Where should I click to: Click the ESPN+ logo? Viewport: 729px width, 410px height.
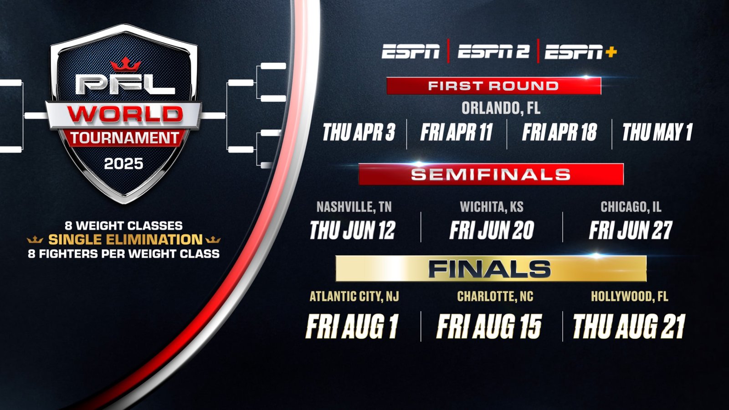pos(581,52)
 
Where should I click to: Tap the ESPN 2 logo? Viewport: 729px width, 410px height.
pos(493,51)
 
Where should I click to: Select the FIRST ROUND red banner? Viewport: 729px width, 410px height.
pos(494,86)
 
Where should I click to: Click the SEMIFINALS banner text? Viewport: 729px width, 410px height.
pos(491,174)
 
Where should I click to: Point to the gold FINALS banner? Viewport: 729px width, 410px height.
pos(491,269)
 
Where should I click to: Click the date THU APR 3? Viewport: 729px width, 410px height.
pos(359,133)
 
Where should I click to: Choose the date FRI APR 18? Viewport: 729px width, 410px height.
pos(560,133)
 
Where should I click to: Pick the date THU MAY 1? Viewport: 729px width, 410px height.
pos(657,133)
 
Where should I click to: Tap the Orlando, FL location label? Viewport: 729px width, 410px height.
pos(501,108)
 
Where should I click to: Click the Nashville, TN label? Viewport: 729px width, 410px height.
pos(354,207)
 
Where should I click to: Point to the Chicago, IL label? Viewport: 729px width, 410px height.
pos(631,207)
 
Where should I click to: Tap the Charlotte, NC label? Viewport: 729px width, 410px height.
pos(495,297)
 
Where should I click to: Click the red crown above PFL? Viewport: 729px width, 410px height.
pos(126,64)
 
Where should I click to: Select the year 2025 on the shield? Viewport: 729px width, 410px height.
pos(123,164)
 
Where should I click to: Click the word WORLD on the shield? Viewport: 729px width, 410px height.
pos(125,114)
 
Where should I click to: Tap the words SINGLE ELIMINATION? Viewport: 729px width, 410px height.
pos(125,240)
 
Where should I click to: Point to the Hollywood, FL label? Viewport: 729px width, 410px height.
pos(630,297)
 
